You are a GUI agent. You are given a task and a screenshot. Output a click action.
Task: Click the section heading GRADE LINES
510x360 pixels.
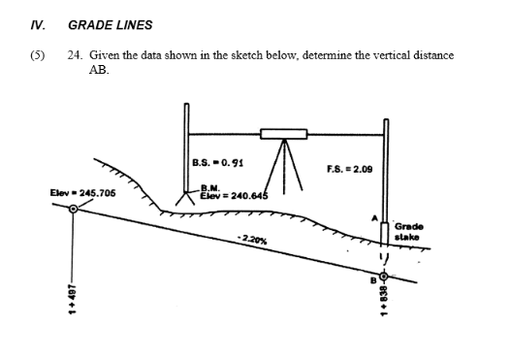[111, 24]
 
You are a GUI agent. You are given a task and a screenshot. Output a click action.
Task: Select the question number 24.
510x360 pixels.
[74, 56]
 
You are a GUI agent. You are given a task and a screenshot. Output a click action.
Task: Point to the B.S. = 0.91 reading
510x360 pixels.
[214, 162]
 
